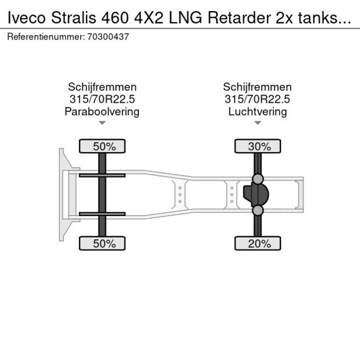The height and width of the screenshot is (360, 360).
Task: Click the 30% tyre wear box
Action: tap(257, 147)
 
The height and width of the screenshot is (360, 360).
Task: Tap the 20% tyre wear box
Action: tap(257, 244)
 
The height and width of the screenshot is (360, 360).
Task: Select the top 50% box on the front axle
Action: tap(102, 147)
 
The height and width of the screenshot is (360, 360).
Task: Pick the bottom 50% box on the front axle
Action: tap(102, 244)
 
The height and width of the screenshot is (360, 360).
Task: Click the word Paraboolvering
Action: tap(102, 111)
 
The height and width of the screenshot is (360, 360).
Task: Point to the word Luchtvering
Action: tap(257, 111)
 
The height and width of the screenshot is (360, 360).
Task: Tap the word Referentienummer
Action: tap(46, 37)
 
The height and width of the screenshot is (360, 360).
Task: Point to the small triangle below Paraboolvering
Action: tap(102, 123)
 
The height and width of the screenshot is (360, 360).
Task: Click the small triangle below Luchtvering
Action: tap(257, 123)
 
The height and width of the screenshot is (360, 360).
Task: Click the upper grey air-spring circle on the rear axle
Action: tap(258, 178)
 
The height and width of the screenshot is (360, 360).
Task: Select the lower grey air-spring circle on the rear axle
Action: tap(258, 211)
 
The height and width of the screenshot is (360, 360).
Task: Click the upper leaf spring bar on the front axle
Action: tap(102, 175)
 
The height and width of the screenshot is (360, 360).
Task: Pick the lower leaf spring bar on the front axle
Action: tap(102, 214)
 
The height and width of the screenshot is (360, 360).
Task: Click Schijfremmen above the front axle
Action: tap(102, 87)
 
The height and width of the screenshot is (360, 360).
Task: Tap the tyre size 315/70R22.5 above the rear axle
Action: tap(257, 99)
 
